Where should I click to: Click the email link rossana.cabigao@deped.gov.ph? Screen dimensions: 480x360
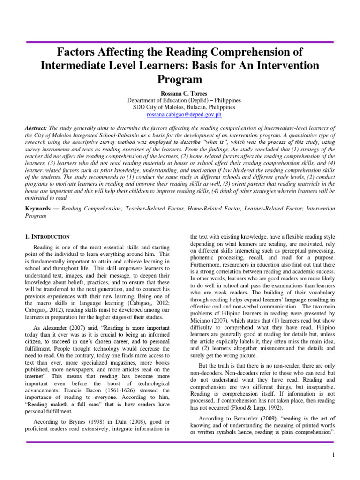[x=180, y=115]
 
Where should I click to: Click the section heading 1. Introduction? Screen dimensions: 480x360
[x=47, y=237]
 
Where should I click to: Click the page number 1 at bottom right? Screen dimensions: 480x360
[x=332, y=455]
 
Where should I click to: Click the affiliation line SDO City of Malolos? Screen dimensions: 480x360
[x=180, y=107]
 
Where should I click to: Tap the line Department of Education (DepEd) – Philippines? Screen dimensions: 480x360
[x=180, y=100]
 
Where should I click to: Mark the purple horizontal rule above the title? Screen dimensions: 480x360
[x=180, y=42]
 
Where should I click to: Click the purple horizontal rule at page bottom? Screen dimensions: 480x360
[x=180, y=442]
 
